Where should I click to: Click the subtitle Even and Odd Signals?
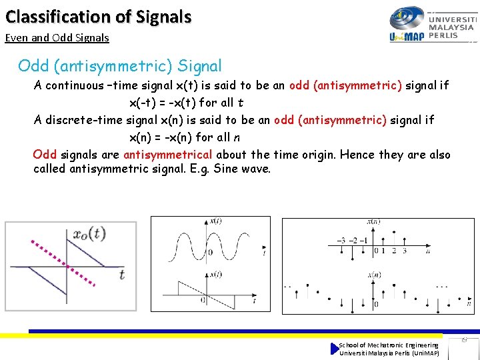click(57, 38)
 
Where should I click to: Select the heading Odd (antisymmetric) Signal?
click(120, 66)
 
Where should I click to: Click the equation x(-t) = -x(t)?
click(186, 103)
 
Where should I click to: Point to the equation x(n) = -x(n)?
click(186, 137)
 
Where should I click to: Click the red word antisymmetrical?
click(167, 155)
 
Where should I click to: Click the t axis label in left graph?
click(121, 274)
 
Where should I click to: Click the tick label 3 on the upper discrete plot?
click(403, 251)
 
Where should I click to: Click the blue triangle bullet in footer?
click(335, 349)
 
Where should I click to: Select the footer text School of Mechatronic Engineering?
click(389, 345)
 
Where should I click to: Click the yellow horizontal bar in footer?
click(233, 335)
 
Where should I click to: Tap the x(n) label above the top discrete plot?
click(374, 221)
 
